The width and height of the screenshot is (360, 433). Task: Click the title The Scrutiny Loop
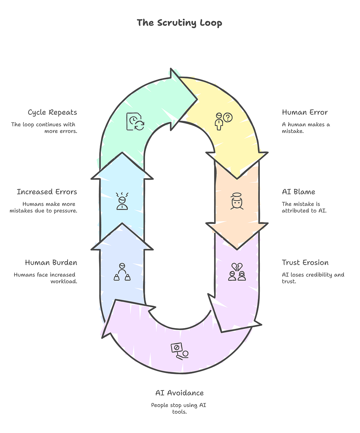click(179, 23)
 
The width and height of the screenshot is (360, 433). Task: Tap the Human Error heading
click(305, 112)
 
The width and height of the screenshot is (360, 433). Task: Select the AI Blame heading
click(298, 192)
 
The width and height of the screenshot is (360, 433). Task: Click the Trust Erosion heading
click(305, 262)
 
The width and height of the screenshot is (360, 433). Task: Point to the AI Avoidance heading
click(180, 393)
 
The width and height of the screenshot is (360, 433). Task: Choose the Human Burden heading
click(51, 262)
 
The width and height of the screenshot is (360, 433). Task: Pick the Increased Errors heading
click(47, 192)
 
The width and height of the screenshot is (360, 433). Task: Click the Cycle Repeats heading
click(52, 113)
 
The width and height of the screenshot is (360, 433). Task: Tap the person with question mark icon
click(224, 121)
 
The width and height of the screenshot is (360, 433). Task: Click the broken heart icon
click(237, 267)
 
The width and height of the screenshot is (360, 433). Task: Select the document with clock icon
click(135, 121)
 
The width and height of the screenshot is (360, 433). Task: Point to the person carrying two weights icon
click(122, 272)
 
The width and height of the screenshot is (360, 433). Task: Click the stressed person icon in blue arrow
click(122, 201)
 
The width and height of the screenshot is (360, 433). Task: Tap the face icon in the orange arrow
click(237, 201)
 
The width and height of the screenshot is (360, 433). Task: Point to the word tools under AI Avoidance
click(180, 412)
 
